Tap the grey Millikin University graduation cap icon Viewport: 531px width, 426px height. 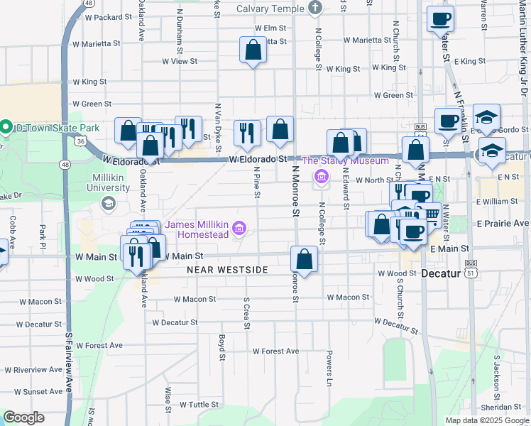point(109,204)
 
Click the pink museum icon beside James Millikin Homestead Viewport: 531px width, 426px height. point(240,229)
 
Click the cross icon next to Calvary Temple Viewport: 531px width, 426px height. point(316,9)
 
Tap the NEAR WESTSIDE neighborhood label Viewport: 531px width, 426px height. point(227,271)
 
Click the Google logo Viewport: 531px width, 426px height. point(23,417)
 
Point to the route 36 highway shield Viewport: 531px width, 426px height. point(81,141)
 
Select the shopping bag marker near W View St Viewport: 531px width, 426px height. point(253,50)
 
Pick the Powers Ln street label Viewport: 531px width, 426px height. point(329,362)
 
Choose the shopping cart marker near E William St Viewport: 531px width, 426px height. point(429,214)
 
